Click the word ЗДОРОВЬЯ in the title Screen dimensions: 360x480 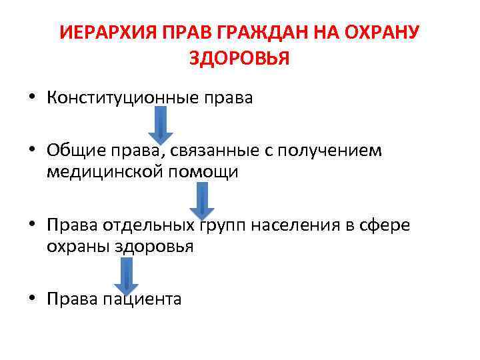[239, 59]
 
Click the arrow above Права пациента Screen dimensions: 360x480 [125, 273]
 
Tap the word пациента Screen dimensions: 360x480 [141, 300]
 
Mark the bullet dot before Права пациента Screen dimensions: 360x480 [31, 299]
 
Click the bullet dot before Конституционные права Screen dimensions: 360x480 [31, 99]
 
